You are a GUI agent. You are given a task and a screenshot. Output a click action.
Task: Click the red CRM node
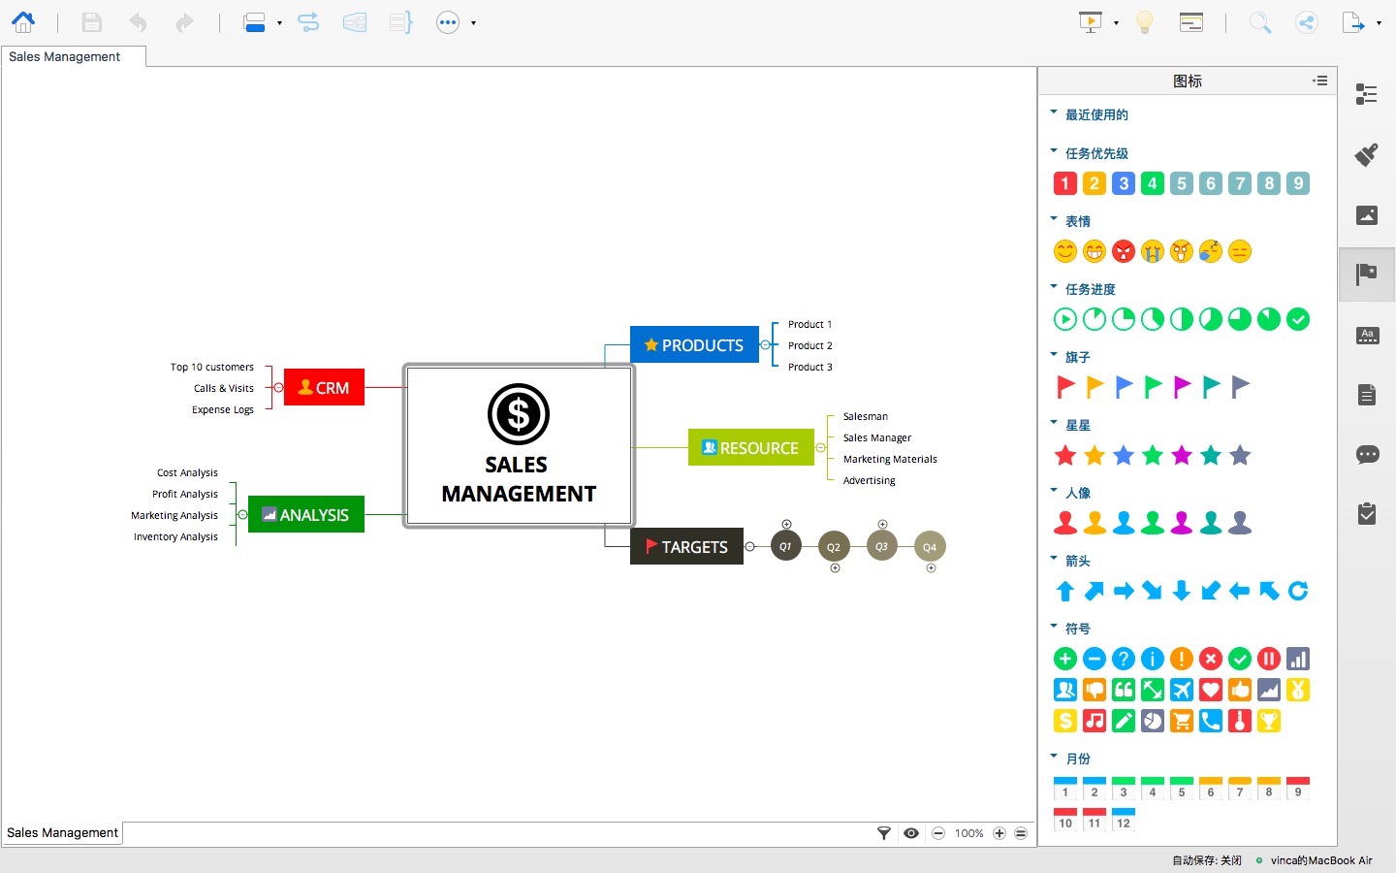coord(324,387)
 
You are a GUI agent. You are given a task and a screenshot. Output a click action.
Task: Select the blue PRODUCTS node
coord(694,344)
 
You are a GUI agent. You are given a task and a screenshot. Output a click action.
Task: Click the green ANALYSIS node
coord(305,514)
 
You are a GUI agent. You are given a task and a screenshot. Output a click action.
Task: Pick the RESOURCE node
coord(750,447)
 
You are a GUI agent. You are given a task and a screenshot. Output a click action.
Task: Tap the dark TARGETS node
coord(686,546)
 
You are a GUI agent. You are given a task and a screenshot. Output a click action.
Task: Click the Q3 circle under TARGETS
coord(881,546)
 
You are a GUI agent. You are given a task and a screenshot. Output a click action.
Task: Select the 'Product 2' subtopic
coord(809,345)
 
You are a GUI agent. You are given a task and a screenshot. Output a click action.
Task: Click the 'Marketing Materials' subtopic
coord(889,459)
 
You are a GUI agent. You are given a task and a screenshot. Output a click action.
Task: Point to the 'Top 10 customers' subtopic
coord(211,367)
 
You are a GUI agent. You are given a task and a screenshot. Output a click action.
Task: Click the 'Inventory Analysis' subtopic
coord(175,536)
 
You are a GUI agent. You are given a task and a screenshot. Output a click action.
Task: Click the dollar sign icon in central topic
coord(518,414)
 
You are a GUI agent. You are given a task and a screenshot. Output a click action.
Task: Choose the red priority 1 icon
coord(1064,183)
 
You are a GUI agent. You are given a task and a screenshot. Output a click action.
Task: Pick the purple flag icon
coord(1182,387)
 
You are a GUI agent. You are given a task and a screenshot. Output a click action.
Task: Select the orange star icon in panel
coord(1095,455)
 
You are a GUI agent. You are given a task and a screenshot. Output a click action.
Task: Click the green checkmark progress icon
coord(1298,319)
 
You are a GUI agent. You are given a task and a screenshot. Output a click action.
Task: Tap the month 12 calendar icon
coord(1124,820)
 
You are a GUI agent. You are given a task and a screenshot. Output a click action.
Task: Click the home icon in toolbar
coord(23,21)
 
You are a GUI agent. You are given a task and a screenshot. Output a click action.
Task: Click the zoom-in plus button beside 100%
coord(999,833)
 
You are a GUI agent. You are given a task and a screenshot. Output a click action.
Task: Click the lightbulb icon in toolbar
coord(1145,22)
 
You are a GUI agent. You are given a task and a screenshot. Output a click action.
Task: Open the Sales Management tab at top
coord(65,57)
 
